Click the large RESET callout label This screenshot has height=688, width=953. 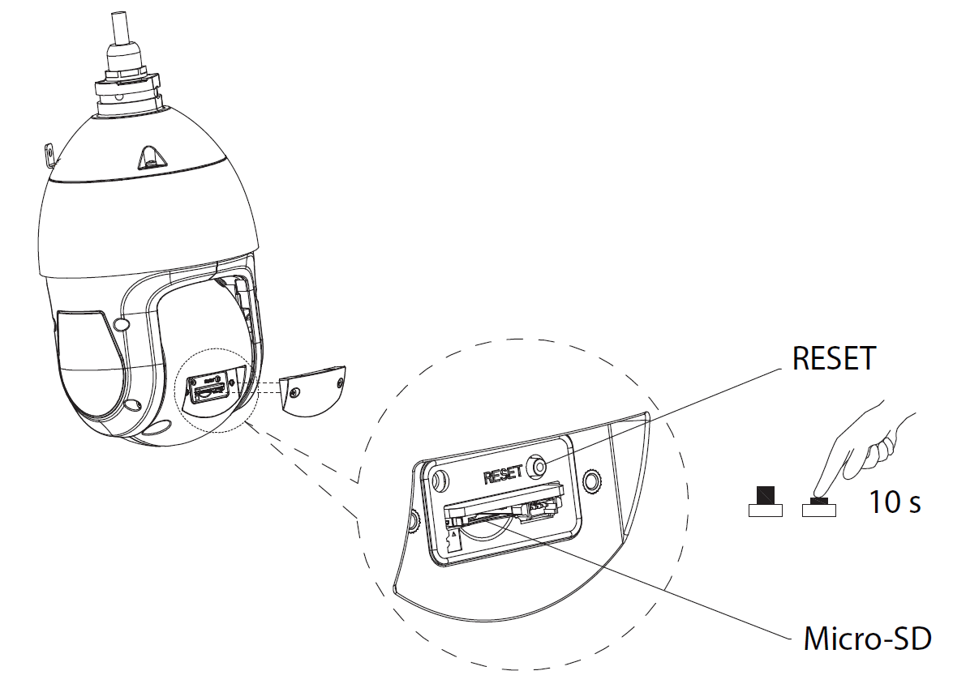click(x=834, y=357)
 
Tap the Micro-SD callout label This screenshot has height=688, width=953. click(x=865, y=638)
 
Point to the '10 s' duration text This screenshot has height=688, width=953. click(x=895, y=502)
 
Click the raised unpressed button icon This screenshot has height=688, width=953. click(x=765, y=504)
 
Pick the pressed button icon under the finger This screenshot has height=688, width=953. click(x=819, y=507)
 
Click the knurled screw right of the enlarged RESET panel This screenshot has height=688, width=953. click(x=593, y=480)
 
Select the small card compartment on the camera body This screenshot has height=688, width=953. click(x=210, y=387)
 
